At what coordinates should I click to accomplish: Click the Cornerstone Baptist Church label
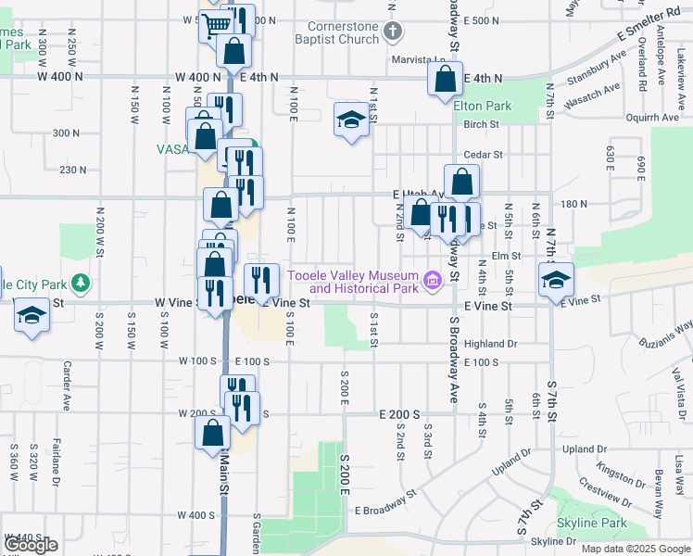point(345,32)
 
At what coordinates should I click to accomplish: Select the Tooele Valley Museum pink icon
point(431,280)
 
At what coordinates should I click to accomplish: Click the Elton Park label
point(483,106)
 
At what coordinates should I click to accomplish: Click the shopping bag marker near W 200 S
point(213,432)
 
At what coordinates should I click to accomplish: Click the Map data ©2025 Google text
point(636,549)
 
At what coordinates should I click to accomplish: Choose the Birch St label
point(482,124)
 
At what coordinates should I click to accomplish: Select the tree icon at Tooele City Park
point(82,282)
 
